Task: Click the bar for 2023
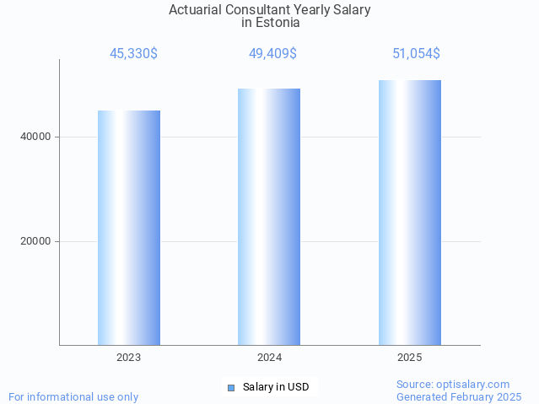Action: [x=128, y=228]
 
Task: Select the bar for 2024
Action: [x=269, y=217]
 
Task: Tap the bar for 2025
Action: [x=409, y=213]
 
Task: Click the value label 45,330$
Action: [x=133, y=54]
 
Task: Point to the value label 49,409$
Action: [x=272, y=54]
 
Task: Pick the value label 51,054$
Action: [x=416, y=54]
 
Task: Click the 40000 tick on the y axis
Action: [x=35, y=137]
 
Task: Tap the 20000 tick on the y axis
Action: [x=35, y=241]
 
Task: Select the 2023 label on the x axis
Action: [x=128, y=358]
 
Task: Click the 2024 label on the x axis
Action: [x=269, y=358]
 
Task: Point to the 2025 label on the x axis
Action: [x=409, y=358]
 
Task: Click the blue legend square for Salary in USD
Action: [x=230, y=388]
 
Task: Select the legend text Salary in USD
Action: [x=276, y=387]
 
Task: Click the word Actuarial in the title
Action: [x=197, y=10]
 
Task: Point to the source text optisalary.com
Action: [x=473, y=385]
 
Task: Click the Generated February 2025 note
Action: [x=459, y=396]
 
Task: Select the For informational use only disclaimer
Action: [x=73, y=396]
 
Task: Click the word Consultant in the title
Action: [x=258, y=10]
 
